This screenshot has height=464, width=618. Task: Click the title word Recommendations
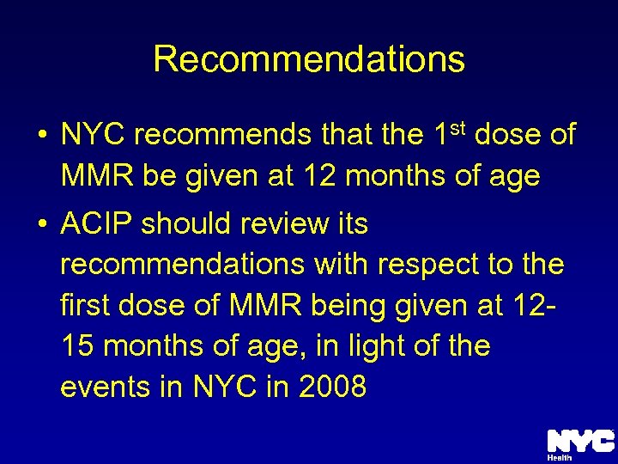[x=309, y=58]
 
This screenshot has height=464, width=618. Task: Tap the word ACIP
[x=96, y=223]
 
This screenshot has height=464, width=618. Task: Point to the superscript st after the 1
[x=457, y=129]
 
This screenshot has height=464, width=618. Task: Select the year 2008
[x=332, y=388]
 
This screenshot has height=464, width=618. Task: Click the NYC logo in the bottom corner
[x=580, y=441]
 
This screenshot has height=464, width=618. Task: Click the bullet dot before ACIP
[x=40, y=225]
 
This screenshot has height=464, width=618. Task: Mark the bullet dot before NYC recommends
[x=40, y=136]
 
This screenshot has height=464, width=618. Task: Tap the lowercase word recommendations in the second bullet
[x=182, y=265]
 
